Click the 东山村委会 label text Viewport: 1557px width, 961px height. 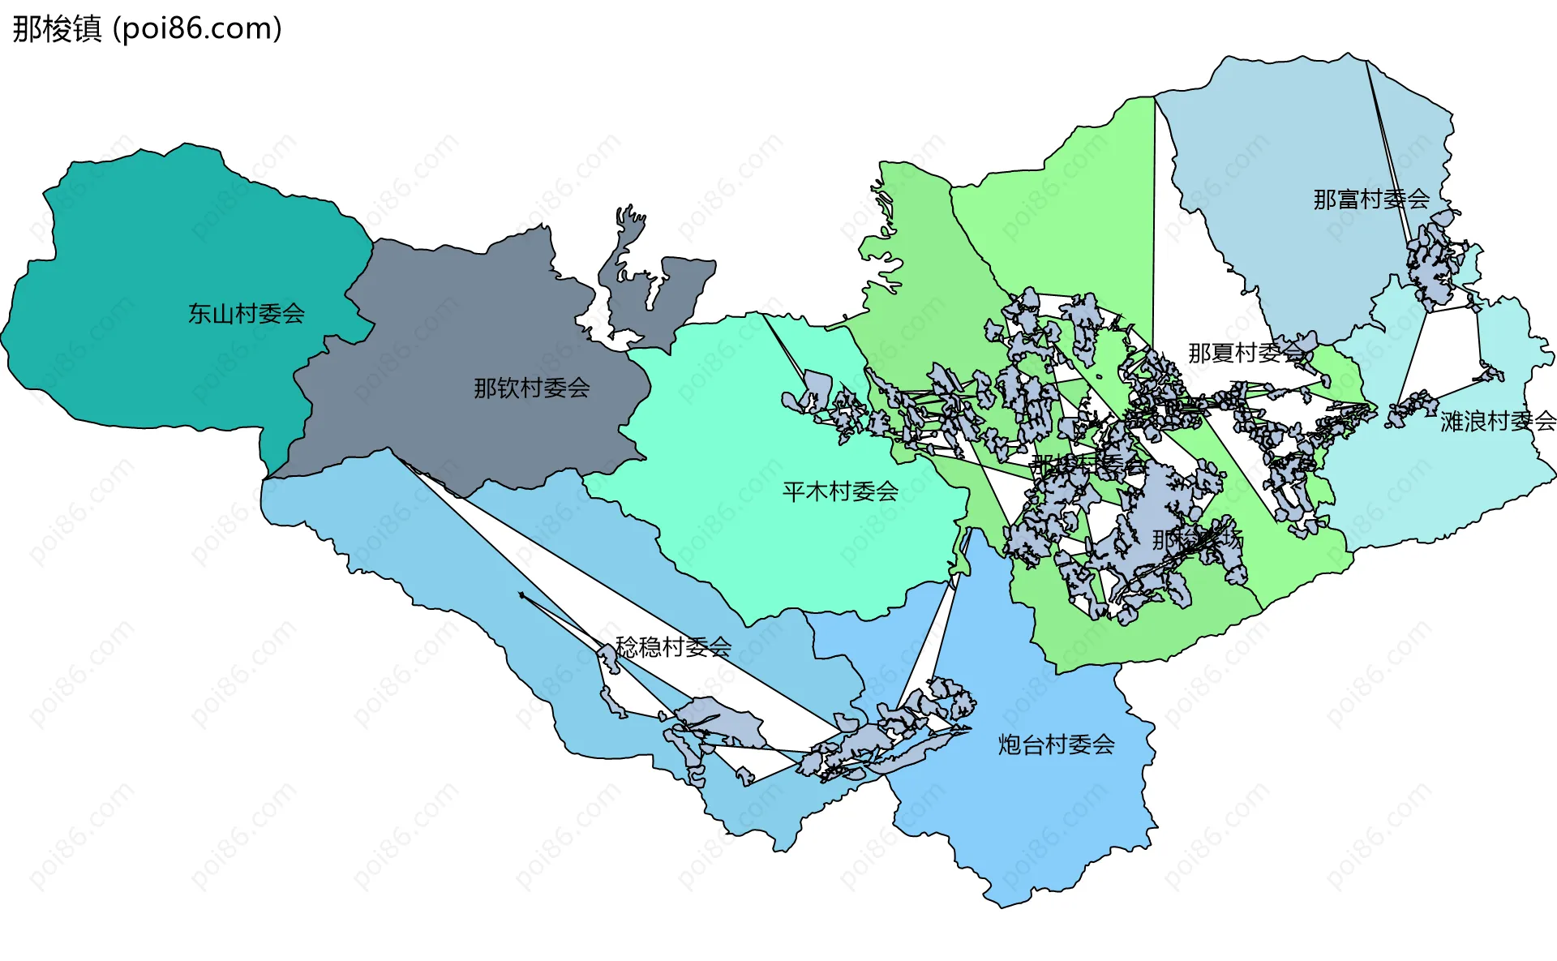(x=246, y=313)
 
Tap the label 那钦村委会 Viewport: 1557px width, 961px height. (x=531, y=388)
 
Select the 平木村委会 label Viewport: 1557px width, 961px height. (x=839, y=491)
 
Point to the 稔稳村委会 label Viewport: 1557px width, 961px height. (x=673, y=646)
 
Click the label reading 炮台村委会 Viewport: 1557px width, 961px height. (x=1056, y=744)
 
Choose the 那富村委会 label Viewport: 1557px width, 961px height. (x=1370, y=199)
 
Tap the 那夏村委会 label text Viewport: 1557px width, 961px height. (x=1246, y=353)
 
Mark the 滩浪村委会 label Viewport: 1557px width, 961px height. (x=1498, y=421)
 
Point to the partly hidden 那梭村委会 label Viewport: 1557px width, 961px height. (x=1087, y=465)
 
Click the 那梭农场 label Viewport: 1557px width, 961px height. (x=1197, y=539)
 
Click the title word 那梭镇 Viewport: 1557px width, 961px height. (x=57, y=28)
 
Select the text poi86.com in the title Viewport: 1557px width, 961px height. (x=197, y=28)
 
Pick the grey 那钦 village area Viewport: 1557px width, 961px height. (x=454, y=324)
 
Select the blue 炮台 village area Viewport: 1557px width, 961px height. (x=1046, y=819)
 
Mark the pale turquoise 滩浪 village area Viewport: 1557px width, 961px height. (x=1443, y=487)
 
